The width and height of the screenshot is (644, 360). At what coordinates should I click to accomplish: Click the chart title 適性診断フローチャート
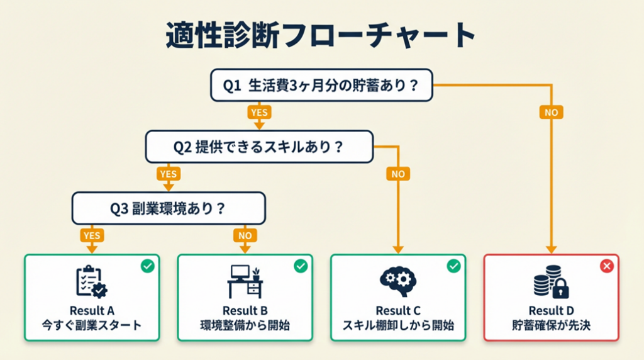tap(321, 36)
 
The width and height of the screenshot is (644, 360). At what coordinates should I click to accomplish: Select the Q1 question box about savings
tap(321, 85)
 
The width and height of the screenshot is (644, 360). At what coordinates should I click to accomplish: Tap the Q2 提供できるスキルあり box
tap(258, 147)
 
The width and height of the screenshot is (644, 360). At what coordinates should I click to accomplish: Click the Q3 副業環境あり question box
tap(169, 208)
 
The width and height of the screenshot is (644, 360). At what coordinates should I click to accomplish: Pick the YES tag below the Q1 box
tap(258, 113)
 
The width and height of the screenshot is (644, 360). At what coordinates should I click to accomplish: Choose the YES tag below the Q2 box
tap(168, 174)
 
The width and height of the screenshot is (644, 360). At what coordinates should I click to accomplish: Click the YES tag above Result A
tap(91, 235)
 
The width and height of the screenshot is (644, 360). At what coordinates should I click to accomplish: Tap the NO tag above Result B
tap(244, 235)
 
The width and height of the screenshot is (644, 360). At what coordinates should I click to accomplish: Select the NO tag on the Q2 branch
tap(397, 174)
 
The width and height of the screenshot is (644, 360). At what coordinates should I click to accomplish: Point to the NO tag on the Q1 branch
tap(551, 113)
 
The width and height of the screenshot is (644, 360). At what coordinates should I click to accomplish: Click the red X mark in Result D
tap(607, 267)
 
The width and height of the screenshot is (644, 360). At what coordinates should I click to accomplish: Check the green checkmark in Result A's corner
tap(147, 267)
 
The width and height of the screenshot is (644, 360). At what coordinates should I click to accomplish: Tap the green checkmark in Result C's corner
tap(453, 267)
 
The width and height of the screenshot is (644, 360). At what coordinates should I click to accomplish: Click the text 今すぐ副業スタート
tap(92, 326)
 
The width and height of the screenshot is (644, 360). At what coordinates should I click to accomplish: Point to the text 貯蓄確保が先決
tap(551, 326)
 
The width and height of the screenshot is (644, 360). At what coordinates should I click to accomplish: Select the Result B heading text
tap(245, 311)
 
